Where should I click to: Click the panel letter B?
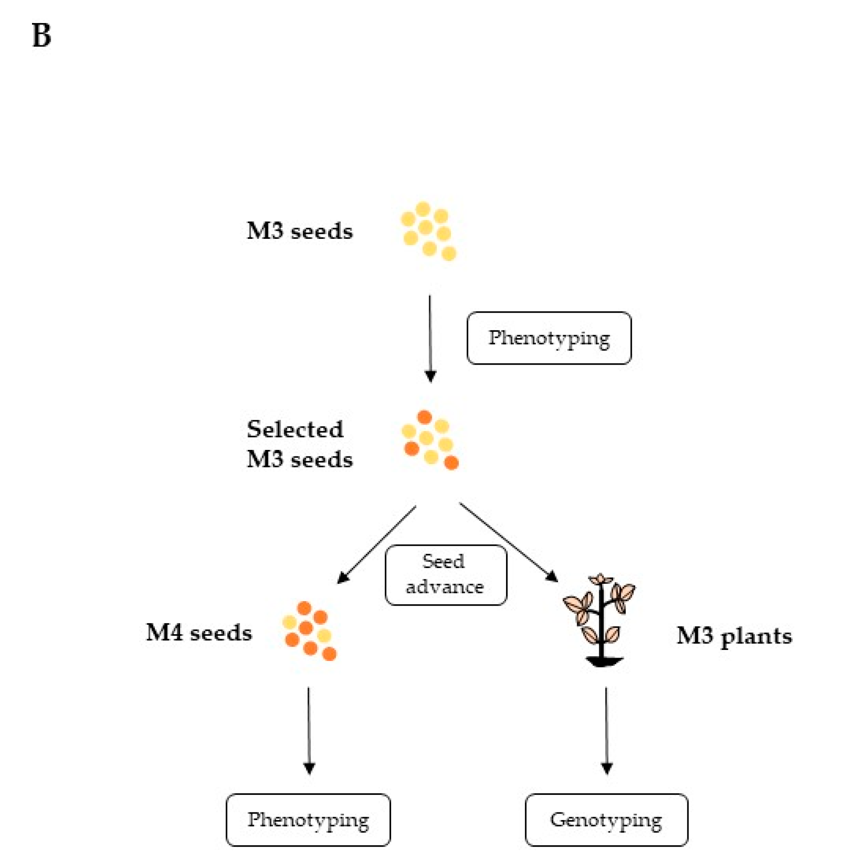coord(41,35)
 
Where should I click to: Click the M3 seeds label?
coord(300,232)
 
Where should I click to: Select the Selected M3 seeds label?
coord(300,444)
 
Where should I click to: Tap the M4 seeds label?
coord(199,633)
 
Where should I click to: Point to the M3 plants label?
coord(734,636)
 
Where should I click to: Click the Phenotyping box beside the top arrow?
coord(549,338)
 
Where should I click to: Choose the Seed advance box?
coord(445,574)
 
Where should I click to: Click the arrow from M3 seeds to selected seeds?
coord(430,336)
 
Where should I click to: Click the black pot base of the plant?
coord(603,661)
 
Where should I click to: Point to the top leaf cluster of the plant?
coord(600,579)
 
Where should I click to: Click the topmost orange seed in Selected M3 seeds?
coord(424,417)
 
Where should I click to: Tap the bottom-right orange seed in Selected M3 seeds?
coord(451,463)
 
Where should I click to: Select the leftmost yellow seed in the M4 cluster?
coord(289,622)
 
